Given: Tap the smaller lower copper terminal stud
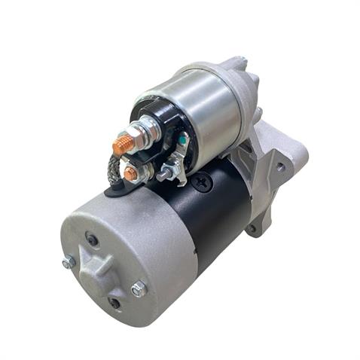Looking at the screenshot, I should (130, 175).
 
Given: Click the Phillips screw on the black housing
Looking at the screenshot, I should (199, 181).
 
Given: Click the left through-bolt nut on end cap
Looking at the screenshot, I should (69, 262).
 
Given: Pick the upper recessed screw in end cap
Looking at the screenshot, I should (92, 240).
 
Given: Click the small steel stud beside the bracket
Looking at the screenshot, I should (161, 176).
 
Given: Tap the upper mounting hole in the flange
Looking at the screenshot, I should (280, 168).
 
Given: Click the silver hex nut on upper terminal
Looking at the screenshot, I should (142, 136).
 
